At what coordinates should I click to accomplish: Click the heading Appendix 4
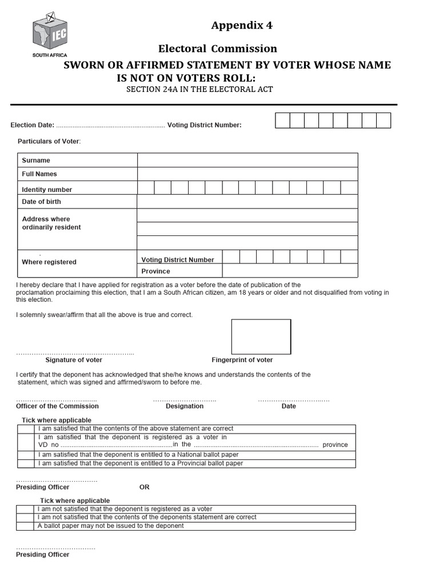pos(242,25)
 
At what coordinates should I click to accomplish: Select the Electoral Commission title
pos(218,49)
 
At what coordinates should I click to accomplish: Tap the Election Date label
pos(33,125)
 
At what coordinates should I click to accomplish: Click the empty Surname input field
pos(248,160)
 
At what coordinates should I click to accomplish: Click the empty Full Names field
pos(248,174)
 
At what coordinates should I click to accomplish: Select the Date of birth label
pos(41,202)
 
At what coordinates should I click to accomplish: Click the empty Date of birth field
pos(248,202)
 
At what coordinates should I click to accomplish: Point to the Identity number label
pos(47,190)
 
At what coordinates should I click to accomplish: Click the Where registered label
pos(49,262)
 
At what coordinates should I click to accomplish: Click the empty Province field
pos(290,271)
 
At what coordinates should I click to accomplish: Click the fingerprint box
pos(261,336)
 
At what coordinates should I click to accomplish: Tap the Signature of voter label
pos(74,360)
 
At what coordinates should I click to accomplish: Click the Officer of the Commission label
pos(57,406)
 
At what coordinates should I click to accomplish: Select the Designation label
pos(185,406)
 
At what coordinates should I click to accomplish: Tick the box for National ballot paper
pos(26,455)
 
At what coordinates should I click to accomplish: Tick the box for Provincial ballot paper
pos(26,463)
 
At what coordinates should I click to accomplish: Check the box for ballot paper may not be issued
pos(26,526)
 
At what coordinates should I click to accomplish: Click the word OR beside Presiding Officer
pos(145,487)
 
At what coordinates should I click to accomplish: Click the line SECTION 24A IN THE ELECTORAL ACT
pos(199,90)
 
